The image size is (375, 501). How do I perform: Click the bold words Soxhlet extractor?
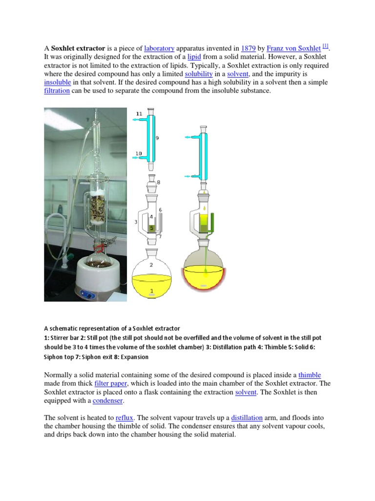click(x=78, y=48)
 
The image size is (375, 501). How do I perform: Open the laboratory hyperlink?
click(x=159, y=48)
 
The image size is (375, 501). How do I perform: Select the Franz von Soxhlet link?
click(x=293, y=48)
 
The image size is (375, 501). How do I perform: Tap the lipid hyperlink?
click(x=194, y=57)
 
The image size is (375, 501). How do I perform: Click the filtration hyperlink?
click(x=57, y=91)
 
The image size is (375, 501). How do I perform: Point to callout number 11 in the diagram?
click(x=139, y=114)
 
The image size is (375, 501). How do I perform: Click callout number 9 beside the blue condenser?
click(x=157, y=138)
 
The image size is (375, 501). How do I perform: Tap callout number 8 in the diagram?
click(x=158, y=182)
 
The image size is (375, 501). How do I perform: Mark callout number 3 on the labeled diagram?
click(x=136, y=222)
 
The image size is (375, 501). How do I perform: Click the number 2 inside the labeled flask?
click(x=151, y=265)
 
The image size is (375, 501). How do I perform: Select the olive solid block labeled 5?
click(x=152, y=228)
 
